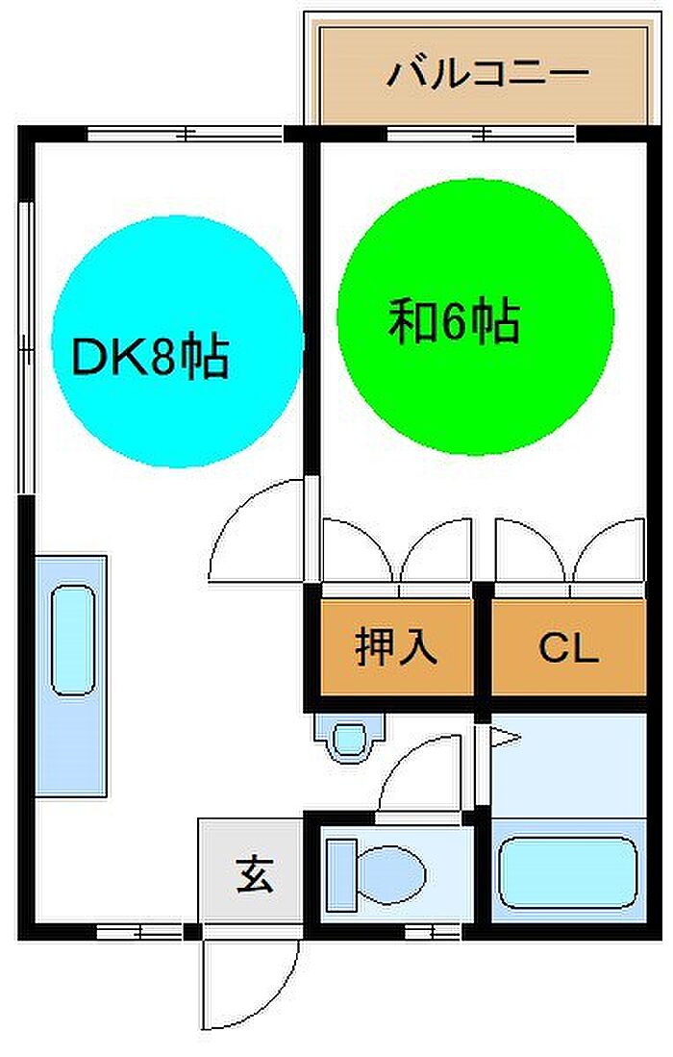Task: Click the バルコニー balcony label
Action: [487, 73]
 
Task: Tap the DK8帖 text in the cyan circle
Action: [151, 356]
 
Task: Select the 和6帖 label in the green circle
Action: [454, 321]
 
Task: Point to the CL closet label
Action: [568, 648]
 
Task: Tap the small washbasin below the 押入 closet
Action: [350, 738]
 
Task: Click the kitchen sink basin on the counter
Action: [73, 640]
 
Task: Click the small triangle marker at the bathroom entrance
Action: [506, 738]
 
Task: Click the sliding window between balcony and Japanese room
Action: [481, 134]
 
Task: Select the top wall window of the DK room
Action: [186, 134]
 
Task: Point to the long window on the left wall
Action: [26, 348]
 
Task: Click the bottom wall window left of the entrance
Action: [139, 932]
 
